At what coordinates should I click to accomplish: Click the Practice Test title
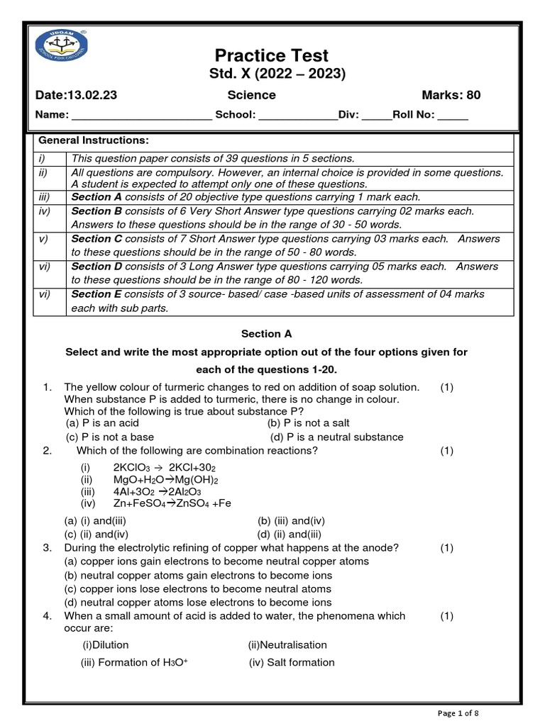272,55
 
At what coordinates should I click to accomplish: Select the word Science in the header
251,95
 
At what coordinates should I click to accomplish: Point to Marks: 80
451,95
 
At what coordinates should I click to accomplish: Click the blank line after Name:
141,116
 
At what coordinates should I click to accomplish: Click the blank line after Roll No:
453,116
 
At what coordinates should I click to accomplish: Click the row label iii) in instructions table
44,197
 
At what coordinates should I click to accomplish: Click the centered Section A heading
266,333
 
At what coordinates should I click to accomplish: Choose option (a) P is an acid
102,423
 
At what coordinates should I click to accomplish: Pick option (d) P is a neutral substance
337,437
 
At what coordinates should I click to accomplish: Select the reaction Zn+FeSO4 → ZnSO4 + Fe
172,503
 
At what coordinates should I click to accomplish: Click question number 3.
47,547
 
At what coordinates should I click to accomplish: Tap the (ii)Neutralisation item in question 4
287,644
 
